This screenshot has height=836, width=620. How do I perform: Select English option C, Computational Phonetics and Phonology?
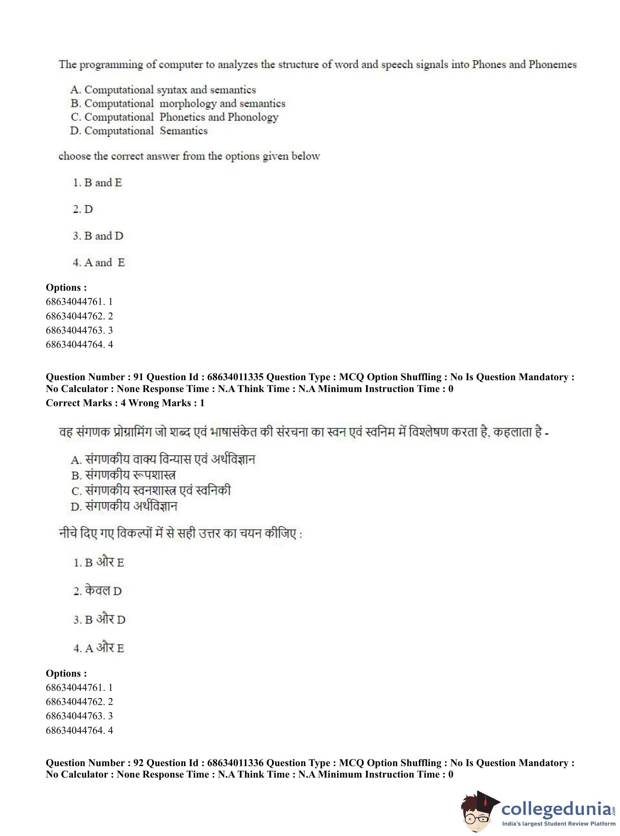[x=175, y=117]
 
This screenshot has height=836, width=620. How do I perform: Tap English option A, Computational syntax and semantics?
[x=163, y=90]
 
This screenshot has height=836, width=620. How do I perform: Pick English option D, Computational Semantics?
[x=139, y=131]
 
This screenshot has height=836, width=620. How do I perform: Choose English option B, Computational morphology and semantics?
[x=178, y=104]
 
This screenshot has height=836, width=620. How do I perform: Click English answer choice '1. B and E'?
[x=98, y=183]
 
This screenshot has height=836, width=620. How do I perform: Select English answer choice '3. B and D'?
[x=98, y=236]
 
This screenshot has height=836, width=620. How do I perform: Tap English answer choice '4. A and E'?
[x=99, y=263]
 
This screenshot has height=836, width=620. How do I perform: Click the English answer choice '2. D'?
[x=83, y=209]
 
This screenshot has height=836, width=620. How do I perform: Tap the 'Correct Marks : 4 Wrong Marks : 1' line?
[x=125, y=403]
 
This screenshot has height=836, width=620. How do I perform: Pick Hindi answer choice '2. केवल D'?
[x=98, y=591]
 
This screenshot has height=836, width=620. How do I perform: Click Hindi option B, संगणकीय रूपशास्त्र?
[x=124, y=475]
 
